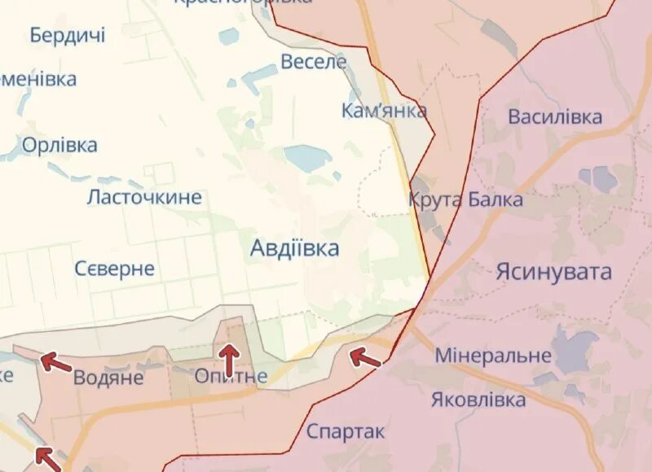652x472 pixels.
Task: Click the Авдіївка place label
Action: click(x=294, y=248)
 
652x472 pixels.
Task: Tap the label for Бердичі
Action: click(x=68, y=35)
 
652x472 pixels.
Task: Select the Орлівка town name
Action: click(x=59, y=146)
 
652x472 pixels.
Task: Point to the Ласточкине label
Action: click(x=144, y=197)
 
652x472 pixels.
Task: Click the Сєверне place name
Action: click(x=114, y=269)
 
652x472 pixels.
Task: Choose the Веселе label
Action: click(x=314, y=62)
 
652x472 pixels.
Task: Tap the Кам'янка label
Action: click(x=384, y=111)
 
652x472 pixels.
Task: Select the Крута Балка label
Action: click(x=466, y=199)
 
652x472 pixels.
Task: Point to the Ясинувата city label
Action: click(x=553, y=272)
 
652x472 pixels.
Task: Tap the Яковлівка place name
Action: click(x=478, y=400)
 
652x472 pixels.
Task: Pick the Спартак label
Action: click(x=346, y=431)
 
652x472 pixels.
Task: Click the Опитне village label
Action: click(x=231, y=376)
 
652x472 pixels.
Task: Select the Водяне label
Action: click(x=108, y=378)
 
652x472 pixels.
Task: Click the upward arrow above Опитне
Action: click(x=230, y=356)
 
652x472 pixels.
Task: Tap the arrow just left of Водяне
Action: click(x=55, y=361)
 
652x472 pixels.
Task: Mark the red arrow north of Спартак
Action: click(x=363, y=357)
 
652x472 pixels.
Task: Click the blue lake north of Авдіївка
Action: click(x=305, y=157)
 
